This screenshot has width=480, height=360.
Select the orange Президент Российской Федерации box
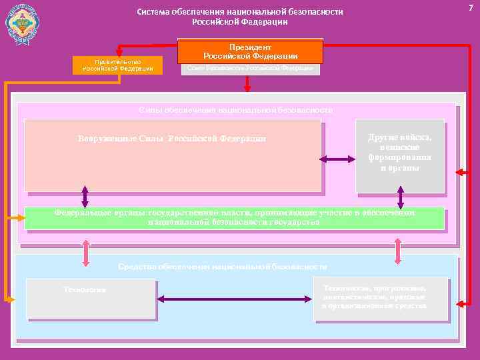click(x=250, y=52)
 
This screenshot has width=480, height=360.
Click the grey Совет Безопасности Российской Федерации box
click(x=250, y=69)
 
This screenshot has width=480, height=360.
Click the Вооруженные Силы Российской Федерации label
click(x=172, y=139)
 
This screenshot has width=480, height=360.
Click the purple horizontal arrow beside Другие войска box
click(x=338, y=159)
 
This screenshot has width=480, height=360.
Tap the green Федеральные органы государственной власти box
click(x=234, y=218)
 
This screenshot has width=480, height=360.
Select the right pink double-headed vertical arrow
click(x=398, y=251)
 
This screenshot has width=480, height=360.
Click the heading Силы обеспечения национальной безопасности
click(x=235, y=109)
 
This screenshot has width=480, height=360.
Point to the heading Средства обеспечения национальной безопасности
click(x=222, y=267)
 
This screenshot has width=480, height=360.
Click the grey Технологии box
click(x=90, y=298)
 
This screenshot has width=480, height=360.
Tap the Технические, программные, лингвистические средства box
click(x=380, y=297)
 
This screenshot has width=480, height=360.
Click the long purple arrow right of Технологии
click(x=234, y=300)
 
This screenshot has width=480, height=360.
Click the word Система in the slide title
click(x=153, y=12)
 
